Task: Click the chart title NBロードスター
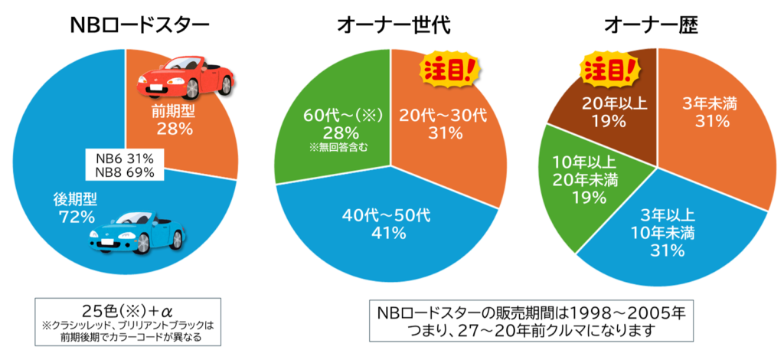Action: (x=139, y=26)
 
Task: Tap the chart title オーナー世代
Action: (x=394, y=26)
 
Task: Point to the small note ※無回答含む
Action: (x=334, y=147)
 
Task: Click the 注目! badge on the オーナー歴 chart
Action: (x=609, y=70)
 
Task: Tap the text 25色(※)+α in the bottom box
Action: (x=122, y=311)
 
